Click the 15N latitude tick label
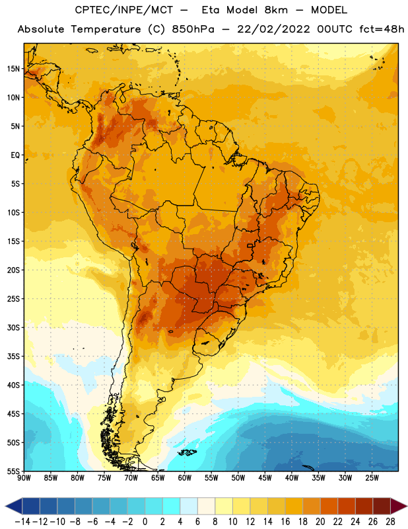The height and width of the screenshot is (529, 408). click(13, 69)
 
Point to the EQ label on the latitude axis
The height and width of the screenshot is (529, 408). click(15, 155)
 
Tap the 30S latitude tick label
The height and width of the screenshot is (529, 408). click(13, 327)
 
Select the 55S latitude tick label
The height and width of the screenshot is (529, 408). click(13, 471)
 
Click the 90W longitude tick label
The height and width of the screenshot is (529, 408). click(24, 478)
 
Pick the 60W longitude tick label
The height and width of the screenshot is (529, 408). click(185, 478)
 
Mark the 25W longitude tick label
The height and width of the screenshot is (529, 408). click(372, 478)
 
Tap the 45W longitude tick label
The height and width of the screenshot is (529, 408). click(265, 478)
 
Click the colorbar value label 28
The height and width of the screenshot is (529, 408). click(390, 522)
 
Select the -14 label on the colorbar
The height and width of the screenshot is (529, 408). click(22, 522)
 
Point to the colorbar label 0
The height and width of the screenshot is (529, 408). click(145, 522)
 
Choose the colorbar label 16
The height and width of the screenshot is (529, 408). click(285, 522)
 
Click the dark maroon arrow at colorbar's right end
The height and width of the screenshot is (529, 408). click(398, 506)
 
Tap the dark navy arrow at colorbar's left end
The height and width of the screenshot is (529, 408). click(14, 506)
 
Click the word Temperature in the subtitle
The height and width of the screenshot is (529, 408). click(106, 29)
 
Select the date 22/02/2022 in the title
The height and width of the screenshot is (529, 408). click(273, 29)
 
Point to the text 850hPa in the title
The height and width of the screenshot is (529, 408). click(193, 29)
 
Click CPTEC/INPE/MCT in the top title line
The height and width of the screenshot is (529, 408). click(123, 10)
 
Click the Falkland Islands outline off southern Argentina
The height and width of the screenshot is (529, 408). click(187, 452)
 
